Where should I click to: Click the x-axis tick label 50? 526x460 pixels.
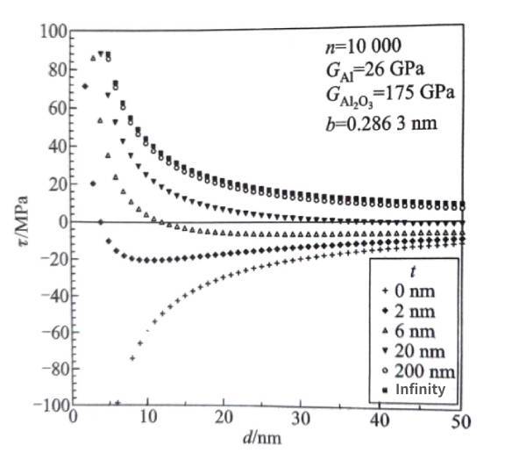coord(459,420)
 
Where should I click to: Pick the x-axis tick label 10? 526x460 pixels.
coord(148,420)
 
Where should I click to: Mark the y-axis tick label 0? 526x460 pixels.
coord(63,219)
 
